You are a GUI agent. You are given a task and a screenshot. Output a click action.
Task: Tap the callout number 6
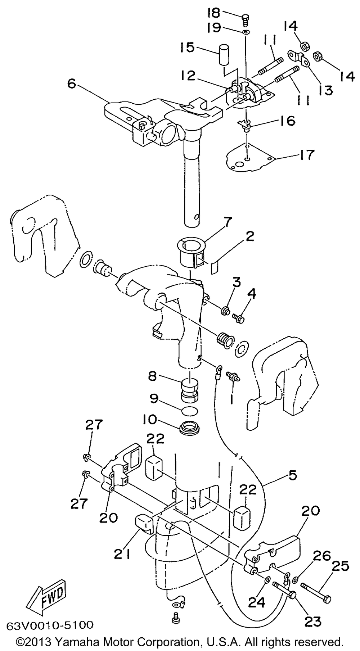[72, 84]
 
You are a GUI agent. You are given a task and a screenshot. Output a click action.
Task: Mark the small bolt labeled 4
[239, 318]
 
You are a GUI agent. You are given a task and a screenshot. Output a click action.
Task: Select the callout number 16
[286, 121]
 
